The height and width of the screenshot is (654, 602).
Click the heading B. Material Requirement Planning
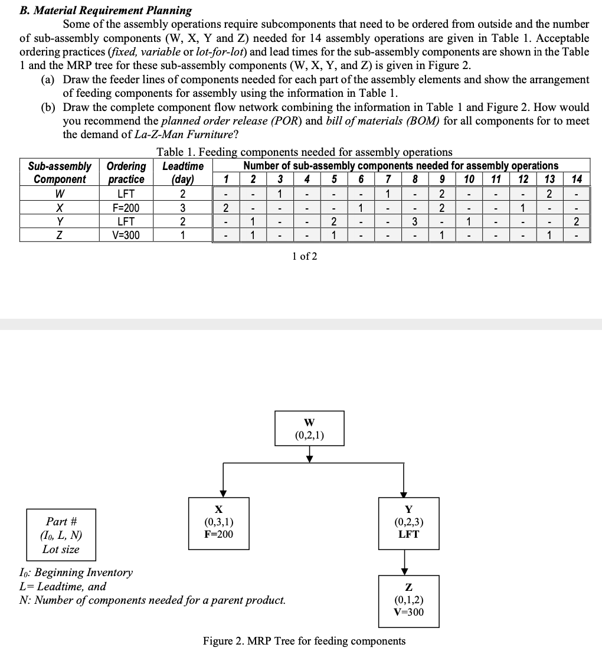[106, 10]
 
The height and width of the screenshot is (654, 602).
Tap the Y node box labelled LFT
[408, 523]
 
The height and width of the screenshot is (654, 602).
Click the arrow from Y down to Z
[404, 561]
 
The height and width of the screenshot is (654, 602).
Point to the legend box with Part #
[61, 535]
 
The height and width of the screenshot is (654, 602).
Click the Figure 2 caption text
[304, 641]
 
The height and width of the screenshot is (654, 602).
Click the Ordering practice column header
[126, 172]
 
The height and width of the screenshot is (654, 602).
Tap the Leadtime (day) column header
[182, 172]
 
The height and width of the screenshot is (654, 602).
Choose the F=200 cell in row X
[126, 208]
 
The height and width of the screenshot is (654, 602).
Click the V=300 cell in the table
[126, 236]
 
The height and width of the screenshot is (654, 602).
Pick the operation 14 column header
[577, 179]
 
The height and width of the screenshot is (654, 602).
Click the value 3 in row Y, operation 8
[415, 222]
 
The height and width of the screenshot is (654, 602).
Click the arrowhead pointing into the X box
[223, 493]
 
